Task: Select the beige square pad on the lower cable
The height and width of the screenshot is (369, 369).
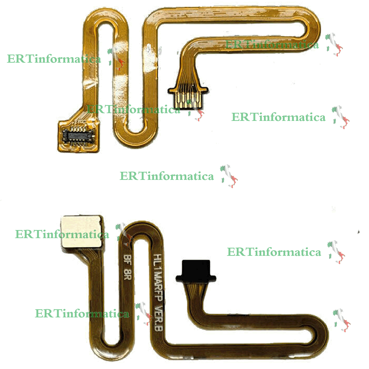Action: [81, 231]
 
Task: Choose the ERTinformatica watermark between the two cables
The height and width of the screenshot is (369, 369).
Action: [167, 176]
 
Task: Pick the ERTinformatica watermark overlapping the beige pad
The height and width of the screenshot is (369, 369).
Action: [62, 234]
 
